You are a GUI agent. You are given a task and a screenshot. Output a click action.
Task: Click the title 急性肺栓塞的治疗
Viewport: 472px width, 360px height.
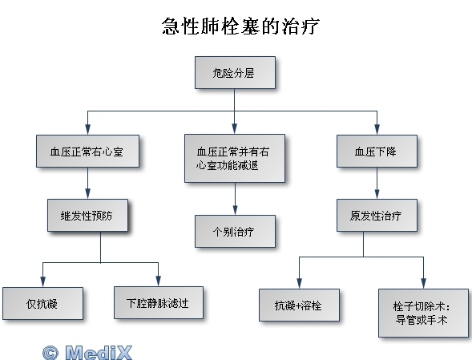240,26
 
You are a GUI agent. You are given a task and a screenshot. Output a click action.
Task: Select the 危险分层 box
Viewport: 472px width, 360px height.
235,73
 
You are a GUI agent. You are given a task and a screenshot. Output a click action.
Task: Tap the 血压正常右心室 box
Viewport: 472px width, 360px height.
87,151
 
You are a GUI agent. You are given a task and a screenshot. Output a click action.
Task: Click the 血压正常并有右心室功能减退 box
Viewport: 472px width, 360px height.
235,159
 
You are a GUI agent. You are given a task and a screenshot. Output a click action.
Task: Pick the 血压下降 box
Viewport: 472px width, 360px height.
377,151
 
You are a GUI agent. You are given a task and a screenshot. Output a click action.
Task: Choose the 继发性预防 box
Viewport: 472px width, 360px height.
87,215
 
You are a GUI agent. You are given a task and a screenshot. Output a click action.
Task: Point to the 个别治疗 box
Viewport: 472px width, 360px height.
235,232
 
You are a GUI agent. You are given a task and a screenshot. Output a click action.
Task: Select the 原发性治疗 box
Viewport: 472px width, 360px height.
377,215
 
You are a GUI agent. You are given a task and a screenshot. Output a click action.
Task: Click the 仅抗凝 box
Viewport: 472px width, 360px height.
42,303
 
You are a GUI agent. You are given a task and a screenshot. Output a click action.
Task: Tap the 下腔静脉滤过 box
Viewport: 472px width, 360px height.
159,302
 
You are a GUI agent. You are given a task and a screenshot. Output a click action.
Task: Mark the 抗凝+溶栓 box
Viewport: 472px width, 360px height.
299,305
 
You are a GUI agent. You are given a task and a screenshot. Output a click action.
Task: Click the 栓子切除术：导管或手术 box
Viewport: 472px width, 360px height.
424,313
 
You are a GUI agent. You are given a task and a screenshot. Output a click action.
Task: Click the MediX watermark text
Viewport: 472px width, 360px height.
99,352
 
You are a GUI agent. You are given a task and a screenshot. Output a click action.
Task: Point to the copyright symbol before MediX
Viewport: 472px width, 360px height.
50,353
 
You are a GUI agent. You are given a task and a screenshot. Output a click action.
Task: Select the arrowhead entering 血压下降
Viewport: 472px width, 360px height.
377,129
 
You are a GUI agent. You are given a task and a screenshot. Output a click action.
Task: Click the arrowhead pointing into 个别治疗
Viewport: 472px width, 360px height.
235,210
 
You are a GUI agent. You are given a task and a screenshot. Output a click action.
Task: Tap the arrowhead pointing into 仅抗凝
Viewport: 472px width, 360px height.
42,281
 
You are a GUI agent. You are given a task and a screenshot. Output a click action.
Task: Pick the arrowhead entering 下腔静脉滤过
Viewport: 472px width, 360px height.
159,281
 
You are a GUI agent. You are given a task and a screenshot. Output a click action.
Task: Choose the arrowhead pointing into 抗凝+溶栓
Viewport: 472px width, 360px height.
299,283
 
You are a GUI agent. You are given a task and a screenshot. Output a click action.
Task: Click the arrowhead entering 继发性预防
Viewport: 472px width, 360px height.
87,193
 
